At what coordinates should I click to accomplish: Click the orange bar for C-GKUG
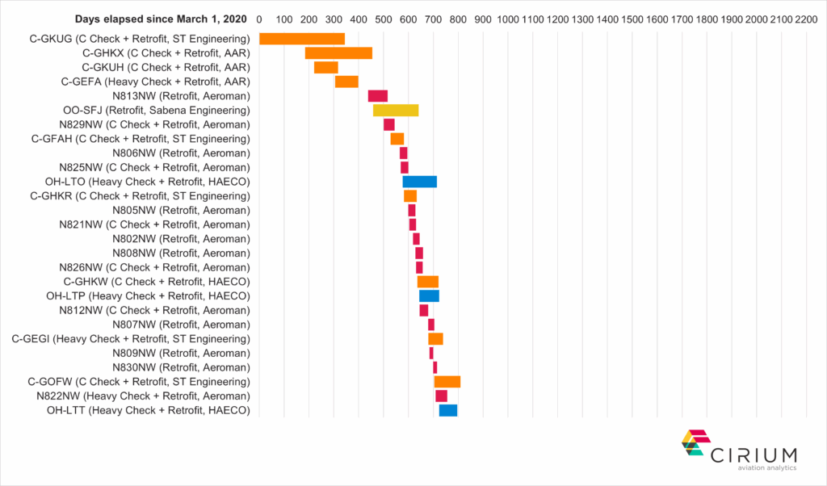coord(302,39)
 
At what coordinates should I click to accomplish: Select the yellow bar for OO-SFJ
coord(396,110)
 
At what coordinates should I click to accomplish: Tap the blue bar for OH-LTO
coord(420,181)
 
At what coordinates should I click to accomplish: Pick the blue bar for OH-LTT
coord(448,410)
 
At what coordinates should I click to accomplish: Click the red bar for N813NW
coord(378,96)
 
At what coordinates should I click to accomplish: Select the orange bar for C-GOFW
coord(447,382)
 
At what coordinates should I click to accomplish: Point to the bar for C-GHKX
coord(338,53)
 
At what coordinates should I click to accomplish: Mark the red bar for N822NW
coord(441,396)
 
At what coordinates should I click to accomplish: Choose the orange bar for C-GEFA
coord(346,82)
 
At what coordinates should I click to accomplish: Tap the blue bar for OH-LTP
coord(429,295)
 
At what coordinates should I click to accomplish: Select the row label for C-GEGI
coord(131,338)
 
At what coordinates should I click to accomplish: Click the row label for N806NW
coord(181,153)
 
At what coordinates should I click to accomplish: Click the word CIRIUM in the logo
coord(754,454)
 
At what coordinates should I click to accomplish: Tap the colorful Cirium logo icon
coord(693,442)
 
